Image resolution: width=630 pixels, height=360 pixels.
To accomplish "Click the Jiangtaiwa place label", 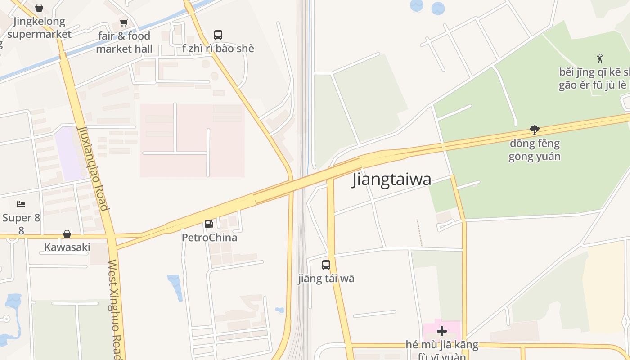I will click(391, 179).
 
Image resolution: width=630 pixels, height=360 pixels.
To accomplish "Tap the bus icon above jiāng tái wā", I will click(326, 265).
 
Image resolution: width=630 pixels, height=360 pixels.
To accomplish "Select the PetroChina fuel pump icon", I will click(209, 224).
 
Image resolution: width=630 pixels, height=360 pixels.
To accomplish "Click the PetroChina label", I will click(209, 237).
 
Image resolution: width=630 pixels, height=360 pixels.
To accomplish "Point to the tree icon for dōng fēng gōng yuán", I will click(535, 130).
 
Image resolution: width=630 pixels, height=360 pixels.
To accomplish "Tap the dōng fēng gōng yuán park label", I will click(535, 150).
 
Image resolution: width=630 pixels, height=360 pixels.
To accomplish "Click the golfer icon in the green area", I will click(599, 58).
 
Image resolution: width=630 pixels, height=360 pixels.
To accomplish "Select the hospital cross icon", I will click(442, 331).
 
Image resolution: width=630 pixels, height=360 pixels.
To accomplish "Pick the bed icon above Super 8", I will click(21, 204).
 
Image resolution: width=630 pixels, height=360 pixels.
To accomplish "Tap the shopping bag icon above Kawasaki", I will click(67, 234).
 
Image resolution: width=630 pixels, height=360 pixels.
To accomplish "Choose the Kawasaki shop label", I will click(67, 247).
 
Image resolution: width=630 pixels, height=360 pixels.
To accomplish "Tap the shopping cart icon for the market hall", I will click(124, 22).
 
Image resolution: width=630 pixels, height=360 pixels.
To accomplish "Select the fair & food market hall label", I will click(124, 42).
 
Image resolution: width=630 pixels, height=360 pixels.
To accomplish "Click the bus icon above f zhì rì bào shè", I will click(218, 35).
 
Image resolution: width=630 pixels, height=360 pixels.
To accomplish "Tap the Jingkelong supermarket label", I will click(39, 27).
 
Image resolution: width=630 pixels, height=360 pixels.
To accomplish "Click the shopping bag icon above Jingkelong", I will click(39, 8).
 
